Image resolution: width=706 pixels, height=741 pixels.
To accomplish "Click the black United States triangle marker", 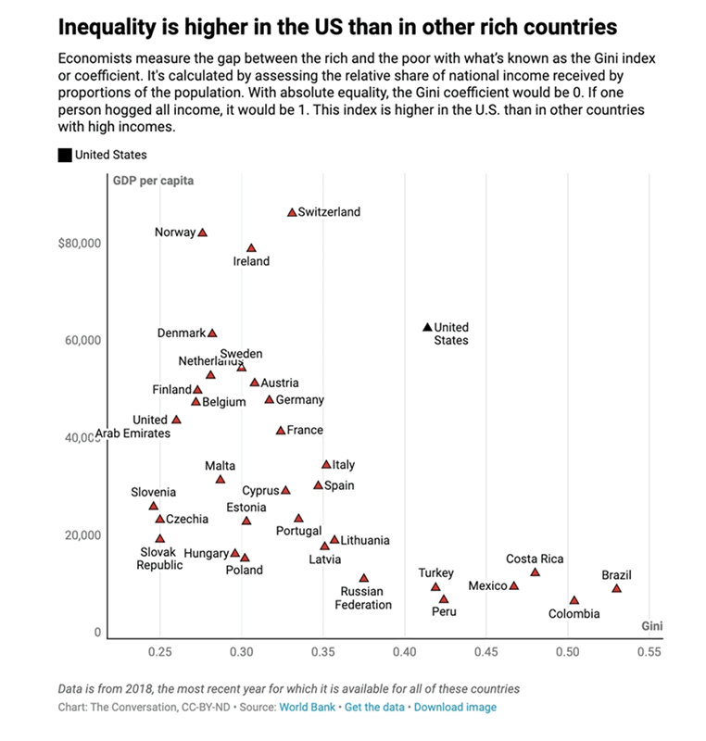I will (x=427, y=327).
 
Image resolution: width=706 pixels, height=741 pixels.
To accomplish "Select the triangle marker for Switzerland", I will (x=292, y=212).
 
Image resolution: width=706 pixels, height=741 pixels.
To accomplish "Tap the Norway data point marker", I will (x=203, y=232).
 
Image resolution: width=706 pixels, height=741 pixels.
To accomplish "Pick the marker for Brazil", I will (x=616, y=588).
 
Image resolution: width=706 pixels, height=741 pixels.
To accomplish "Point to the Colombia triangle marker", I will (x=574, y=600).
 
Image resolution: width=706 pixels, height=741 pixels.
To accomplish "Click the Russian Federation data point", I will (x=363, y=578).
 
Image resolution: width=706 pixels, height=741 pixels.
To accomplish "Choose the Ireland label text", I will (x=251, y=261).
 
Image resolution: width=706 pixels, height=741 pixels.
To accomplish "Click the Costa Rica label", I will (x=535, y=559).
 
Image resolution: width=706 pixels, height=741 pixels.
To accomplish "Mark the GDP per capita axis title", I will (x=154, y=181).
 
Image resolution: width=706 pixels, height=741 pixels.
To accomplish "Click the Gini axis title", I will (x=651, y=626).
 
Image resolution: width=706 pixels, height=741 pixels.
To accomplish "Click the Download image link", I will (x=454, y=707).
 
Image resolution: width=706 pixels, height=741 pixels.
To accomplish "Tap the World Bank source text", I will (x=306, y=707).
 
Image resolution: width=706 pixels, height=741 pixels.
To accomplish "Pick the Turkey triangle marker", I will (x=435, y=586).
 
